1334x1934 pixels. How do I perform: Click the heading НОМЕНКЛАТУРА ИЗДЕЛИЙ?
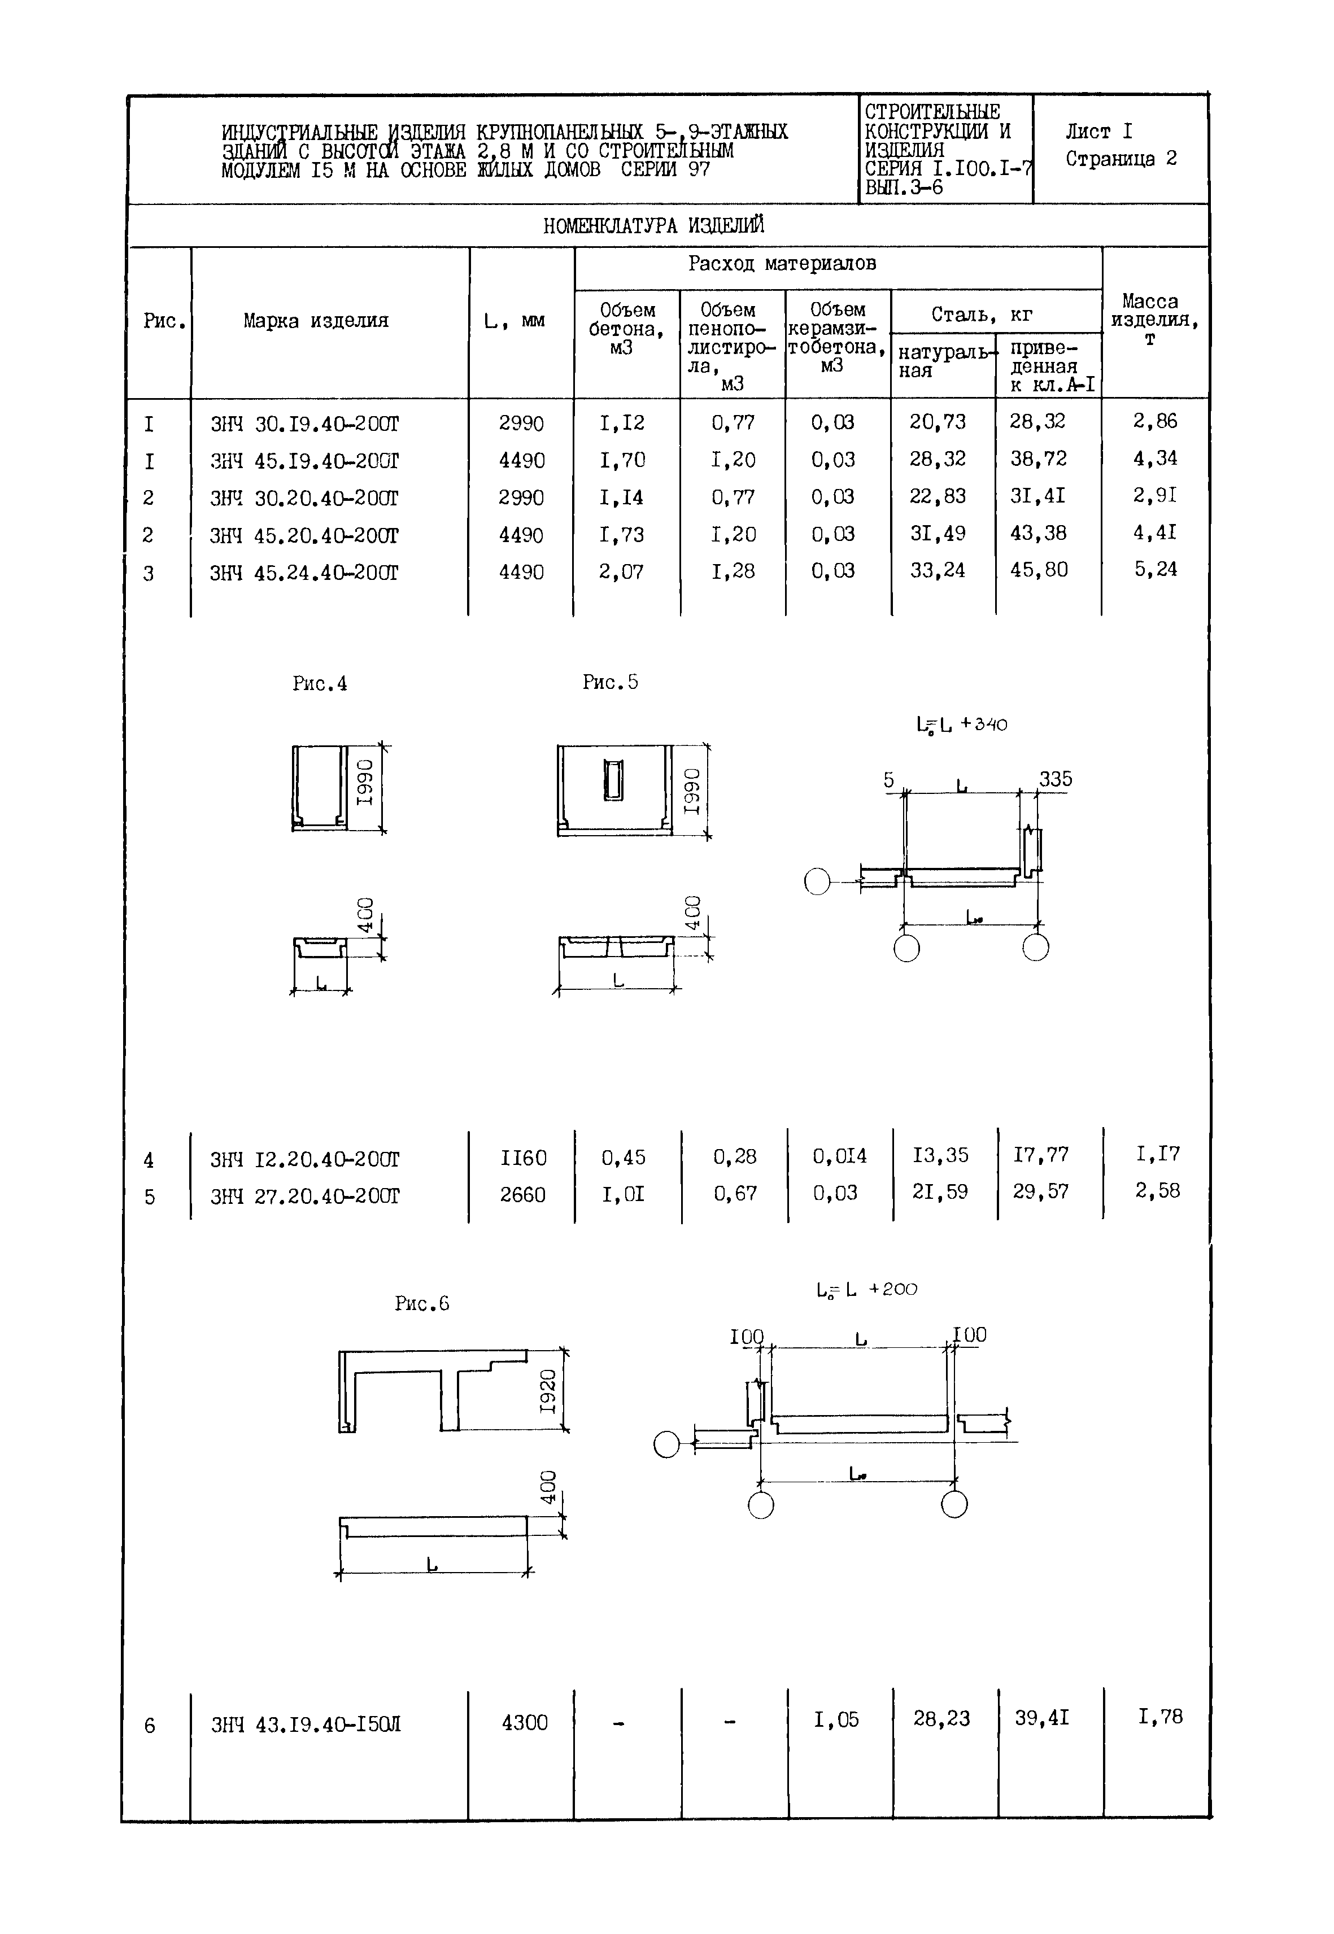pos(653,226)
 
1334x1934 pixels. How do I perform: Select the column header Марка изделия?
pos(316,321)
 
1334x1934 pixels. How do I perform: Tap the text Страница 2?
pos(1121,159)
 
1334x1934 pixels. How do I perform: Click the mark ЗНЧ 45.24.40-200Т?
pos(304,573)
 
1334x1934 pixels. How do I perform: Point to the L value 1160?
pos(523,1158)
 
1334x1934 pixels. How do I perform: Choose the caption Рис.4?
pos(319,684)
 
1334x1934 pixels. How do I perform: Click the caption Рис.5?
pos(610,683)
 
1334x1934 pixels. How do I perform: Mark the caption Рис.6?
pos(422,1304)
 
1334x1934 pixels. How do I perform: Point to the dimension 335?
pos(1055,779)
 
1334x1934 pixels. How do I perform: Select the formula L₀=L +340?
pos(961,724)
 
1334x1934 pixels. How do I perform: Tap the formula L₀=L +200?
pos(867,1290)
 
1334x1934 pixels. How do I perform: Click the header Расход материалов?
pos(782,264)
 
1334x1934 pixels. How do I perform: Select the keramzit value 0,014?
pos(839,1156)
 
